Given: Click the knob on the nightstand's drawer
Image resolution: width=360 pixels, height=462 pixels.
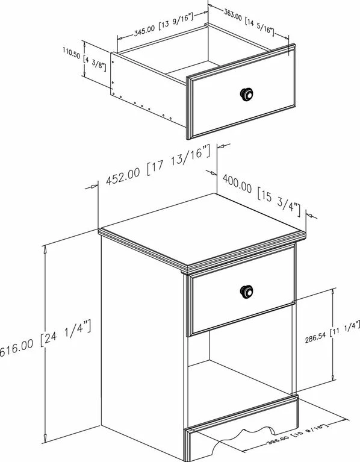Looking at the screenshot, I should click(x=247, y=290).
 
